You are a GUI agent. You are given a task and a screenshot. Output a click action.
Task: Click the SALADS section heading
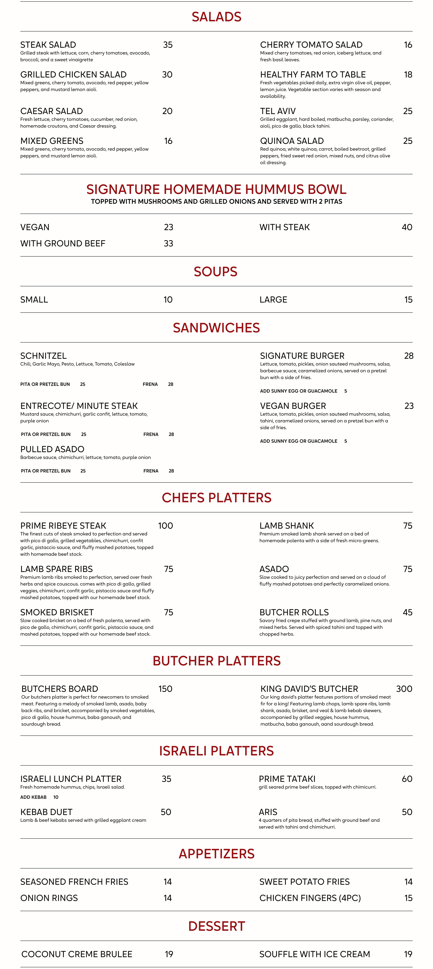point(216,17)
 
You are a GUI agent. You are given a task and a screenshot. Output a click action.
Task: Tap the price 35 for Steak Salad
point(168,45)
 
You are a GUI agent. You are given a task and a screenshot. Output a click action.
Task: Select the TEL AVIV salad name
point(278,111)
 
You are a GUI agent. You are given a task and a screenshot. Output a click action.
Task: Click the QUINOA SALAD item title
point(292,141)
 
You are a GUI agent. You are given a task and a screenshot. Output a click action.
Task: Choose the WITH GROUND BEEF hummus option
point(63,243)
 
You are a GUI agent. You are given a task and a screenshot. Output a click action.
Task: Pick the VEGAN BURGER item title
point(293,406)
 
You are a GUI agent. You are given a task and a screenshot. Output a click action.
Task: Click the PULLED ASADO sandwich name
point(52,449)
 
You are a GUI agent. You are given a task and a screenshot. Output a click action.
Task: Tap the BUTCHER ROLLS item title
point(294,612)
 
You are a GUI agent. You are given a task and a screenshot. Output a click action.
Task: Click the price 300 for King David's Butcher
point(404,689)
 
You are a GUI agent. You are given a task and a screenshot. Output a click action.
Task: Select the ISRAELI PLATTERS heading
point(216,751)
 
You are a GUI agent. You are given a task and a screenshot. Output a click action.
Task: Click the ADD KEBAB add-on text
point(33,797)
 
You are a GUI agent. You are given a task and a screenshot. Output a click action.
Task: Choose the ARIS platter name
point(268,812)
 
